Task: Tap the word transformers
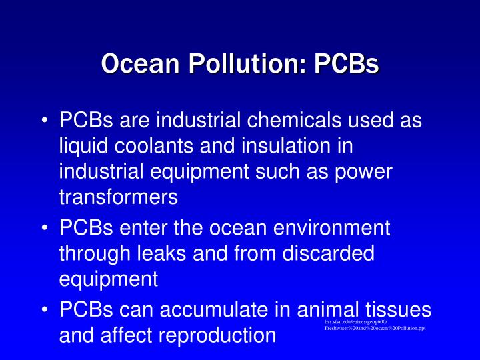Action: click(x=119, y=197)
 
